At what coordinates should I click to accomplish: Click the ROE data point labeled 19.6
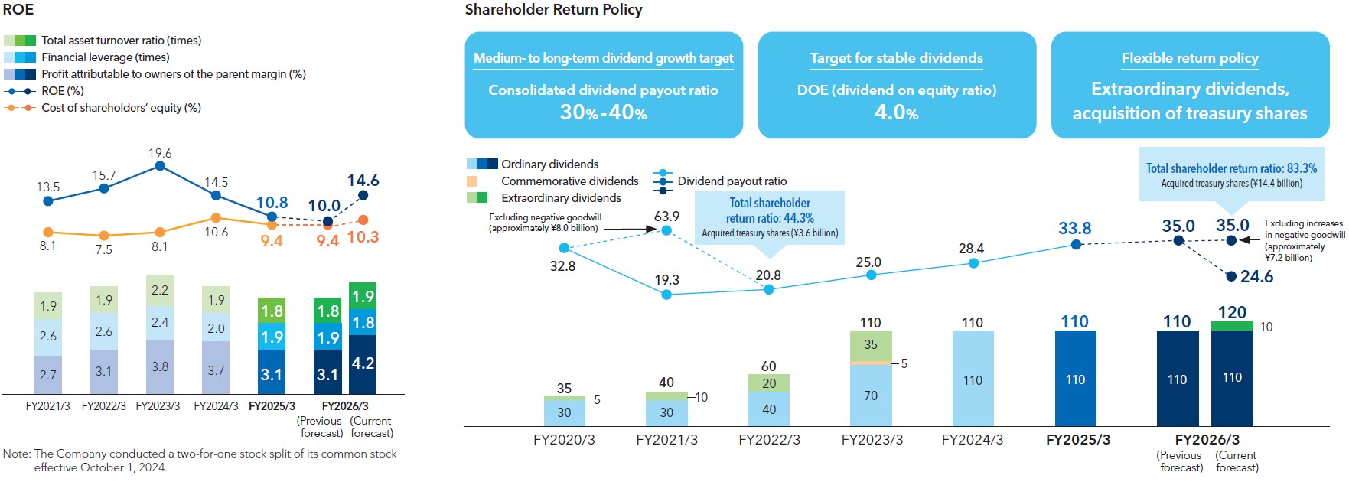pyautogui.click(x=160, y=165)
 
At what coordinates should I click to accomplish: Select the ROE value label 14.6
pyautogui.click(x=363, y=181)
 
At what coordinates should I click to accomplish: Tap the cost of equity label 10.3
pyautogui.click(x=363, y=237)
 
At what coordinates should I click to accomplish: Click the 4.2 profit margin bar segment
pyautogui.click(x=363, y=363)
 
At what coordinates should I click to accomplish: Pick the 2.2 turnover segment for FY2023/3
pyautogui.click(x=160, y=291)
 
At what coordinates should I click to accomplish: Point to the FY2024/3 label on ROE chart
pyautogui.click(x=216, y=406)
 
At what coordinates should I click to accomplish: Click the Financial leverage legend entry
pyautogui.click(x=106, y=57)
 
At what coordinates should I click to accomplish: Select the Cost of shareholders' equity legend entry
pyautogui.click(x=121, y=108)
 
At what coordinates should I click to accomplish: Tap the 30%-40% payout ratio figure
pyautogui.click(x=603, y=112)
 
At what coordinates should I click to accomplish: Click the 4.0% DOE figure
pyautogui.click(x=896, y=112)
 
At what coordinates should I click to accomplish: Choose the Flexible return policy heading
pyautogui.click(x=1190, y=58)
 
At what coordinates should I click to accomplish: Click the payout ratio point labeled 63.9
pyautogui.click(x=666, y=230)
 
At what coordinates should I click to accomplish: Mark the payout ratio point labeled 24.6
pyautogui.click(x=1231, y=276)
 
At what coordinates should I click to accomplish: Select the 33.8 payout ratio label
pyautogui.click(x=1074, y=228)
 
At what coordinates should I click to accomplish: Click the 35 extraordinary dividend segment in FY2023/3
pyautogui.click(x=871, y=345)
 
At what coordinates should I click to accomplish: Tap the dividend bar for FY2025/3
pyautogui.click(x=1075, y=379)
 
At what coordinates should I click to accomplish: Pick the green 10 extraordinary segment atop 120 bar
pyautogui.click(x=1232, y=326)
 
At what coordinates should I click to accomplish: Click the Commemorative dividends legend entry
pyautogui.click(x=569, y=181)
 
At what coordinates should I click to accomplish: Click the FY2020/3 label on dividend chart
pyautogui.click(x=564, y=440)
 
